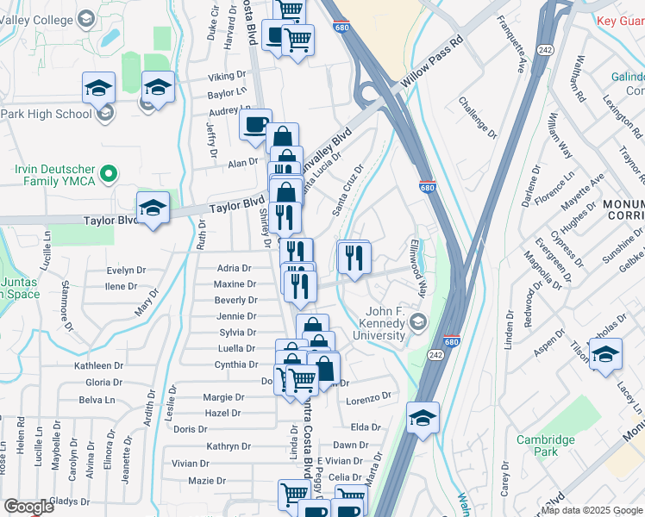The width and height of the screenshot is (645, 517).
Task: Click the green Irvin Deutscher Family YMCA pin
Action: (109, 175)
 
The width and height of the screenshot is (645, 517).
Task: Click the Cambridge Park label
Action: (545, 445)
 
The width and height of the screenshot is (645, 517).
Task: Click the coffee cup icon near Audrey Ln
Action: (256, 125)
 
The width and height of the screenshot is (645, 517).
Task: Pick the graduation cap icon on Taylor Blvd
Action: (153, 209)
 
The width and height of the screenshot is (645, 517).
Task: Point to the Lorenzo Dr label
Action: (369, 398)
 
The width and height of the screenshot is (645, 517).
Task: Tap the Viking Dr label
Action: (228, 77)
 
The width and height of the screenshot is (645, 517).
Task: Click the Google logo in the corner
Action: (28, 508)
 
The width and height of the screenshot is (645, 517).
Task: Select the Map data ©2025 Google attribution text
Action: (592, 510)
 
